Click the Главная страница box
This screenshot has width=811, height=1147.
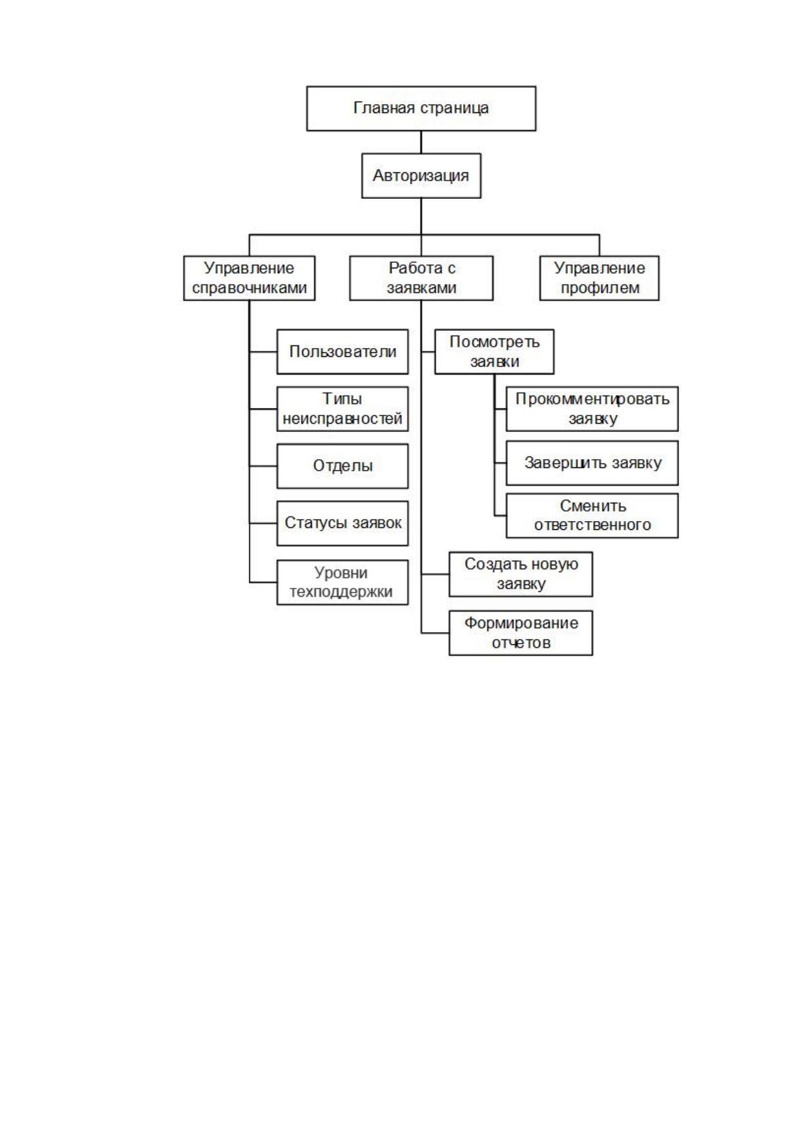(x=421, y=108)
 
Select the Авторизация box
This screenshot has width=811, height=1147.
(x=421, y=176)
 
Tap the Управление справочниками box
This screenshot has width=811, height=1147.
(x=249, y=278)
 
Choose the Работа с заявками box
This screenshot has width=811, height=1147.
(x=421, y=278)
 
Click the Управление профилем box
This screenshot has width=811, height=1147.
(x=599, y=278)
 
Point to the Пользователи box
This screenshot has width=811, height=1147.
(x=343, y=351)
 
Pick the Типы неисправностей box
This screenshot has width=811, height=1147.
(x=343, y=409)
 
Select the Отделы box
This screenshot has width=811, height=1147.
(x=343, y=466)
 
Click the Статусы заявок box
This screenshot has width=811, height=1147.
(x=343, y=523)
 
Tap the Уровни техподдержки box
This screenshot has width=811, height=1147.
(x=343, y=582)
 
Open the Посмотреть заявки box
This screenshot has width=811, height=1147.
(x=494, y=351)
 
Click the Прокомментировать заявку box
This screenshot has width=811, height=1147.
(x=592, y=409)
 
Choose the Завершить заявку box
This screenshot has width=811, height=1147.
(x=592, y=463)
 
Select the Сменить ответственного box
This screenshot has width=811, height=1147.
(x=592, y=516)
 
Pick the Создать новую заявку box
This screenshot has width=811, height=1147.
(x=521, y=574)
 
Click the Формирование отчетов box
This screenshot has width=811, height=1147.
(x=521, y=633)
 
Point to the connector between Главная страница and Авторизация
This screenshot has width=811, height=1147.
(x=421, y=142)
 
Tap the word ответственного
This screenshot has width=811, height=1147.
(x=592, y=525)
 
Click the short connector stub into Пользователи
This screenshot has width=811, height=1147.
(x=263, y=351)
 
